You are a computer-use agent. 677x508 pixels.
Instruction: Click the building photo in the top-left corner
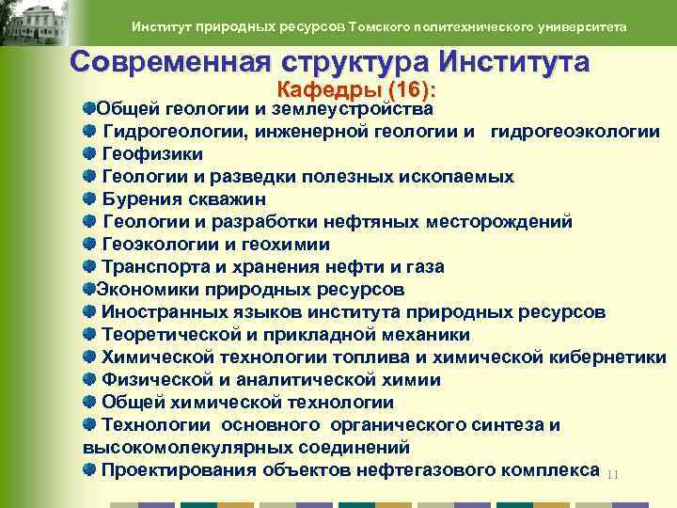click(35, 24)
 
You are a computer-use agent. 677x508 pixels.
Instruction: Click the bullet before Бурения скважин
click(88, 198)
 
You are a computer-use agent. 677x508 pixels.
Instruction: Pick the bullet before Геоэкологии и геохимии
click(88, 244)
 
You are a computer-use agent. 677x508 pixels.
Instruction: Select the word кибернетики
click(606, 357)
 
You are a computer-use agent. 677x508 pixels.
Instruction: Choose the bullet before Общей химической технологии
click(88, 402)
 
